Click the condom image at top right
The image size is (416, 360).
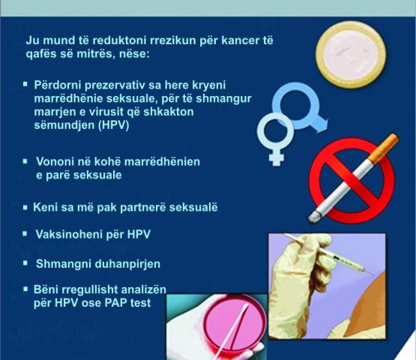(x=351, y=55)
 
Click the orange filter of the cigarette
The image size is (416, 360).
(x=383, y=148)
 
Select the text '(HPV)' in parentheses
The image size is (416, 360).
(x=113, y=125)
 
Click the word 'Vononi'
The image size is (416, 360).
(x=54, y=162)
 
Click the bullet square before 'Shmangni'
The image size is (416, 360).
(x=25, y=263)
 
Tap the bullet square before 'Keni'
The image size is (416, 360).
(x=25, y=207)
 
